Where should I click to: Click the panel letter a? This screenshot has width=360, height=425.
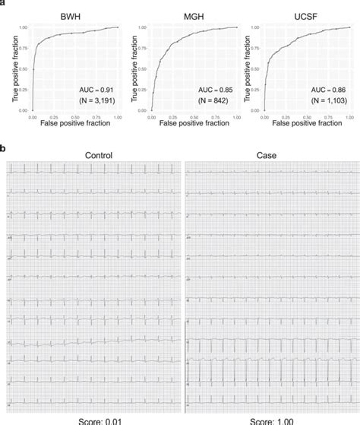3,3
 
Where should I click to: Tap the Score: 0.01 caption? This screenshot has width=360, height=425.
96,419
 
